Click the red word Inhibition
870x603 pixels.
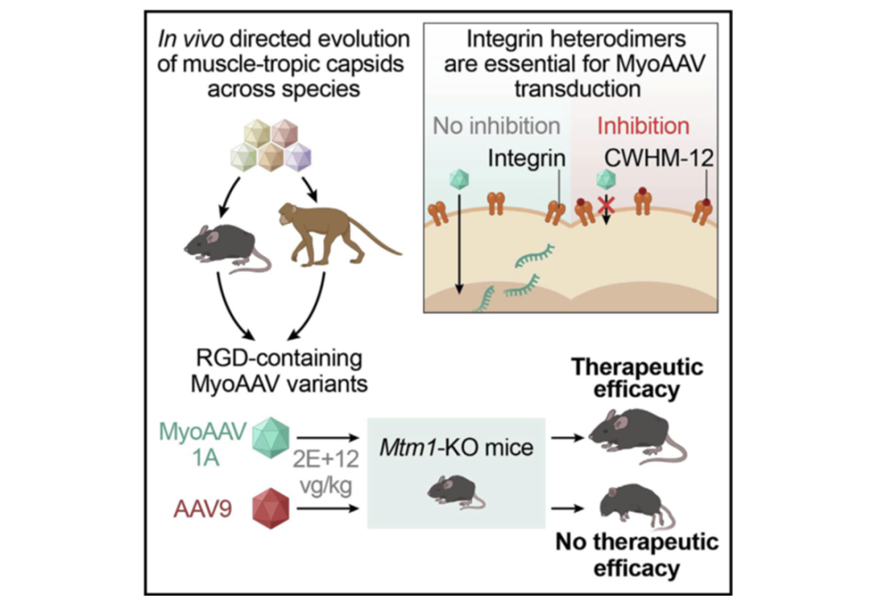(x=643, y=126)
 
